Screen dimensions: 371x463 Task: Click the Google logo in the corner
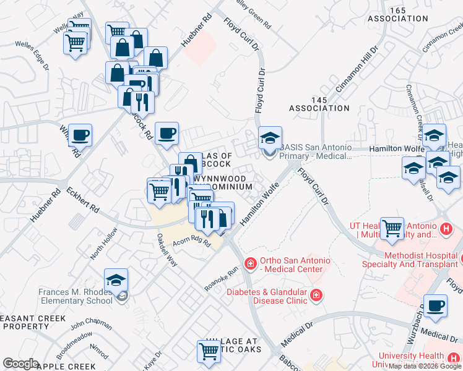(20, 364)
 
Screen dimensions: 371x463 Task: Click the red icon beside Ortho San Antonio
(250, 264)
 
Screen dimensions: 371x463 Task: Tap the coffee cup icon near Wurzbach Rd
(435, 306)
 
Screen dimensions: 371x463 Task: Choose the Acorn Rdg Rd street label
(193, 242)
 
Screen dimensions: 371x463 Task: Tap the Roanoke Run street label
(221, 279)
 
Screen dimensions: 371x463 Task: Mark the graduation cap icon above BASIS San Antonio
(270, 139)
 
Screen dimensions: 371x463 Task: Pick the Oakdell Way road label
(167, 250)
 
